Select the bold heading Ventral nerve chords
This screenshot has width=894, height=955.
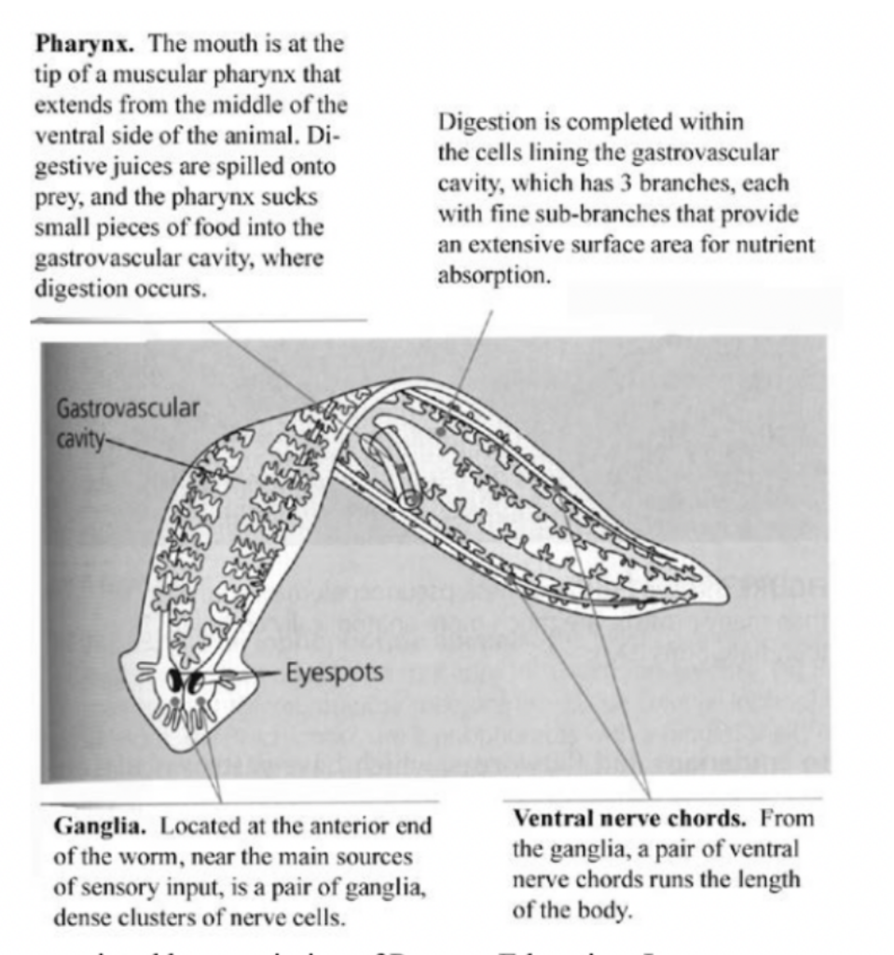630,820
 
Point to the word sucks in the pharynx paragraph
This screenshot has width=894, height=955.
296,198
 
